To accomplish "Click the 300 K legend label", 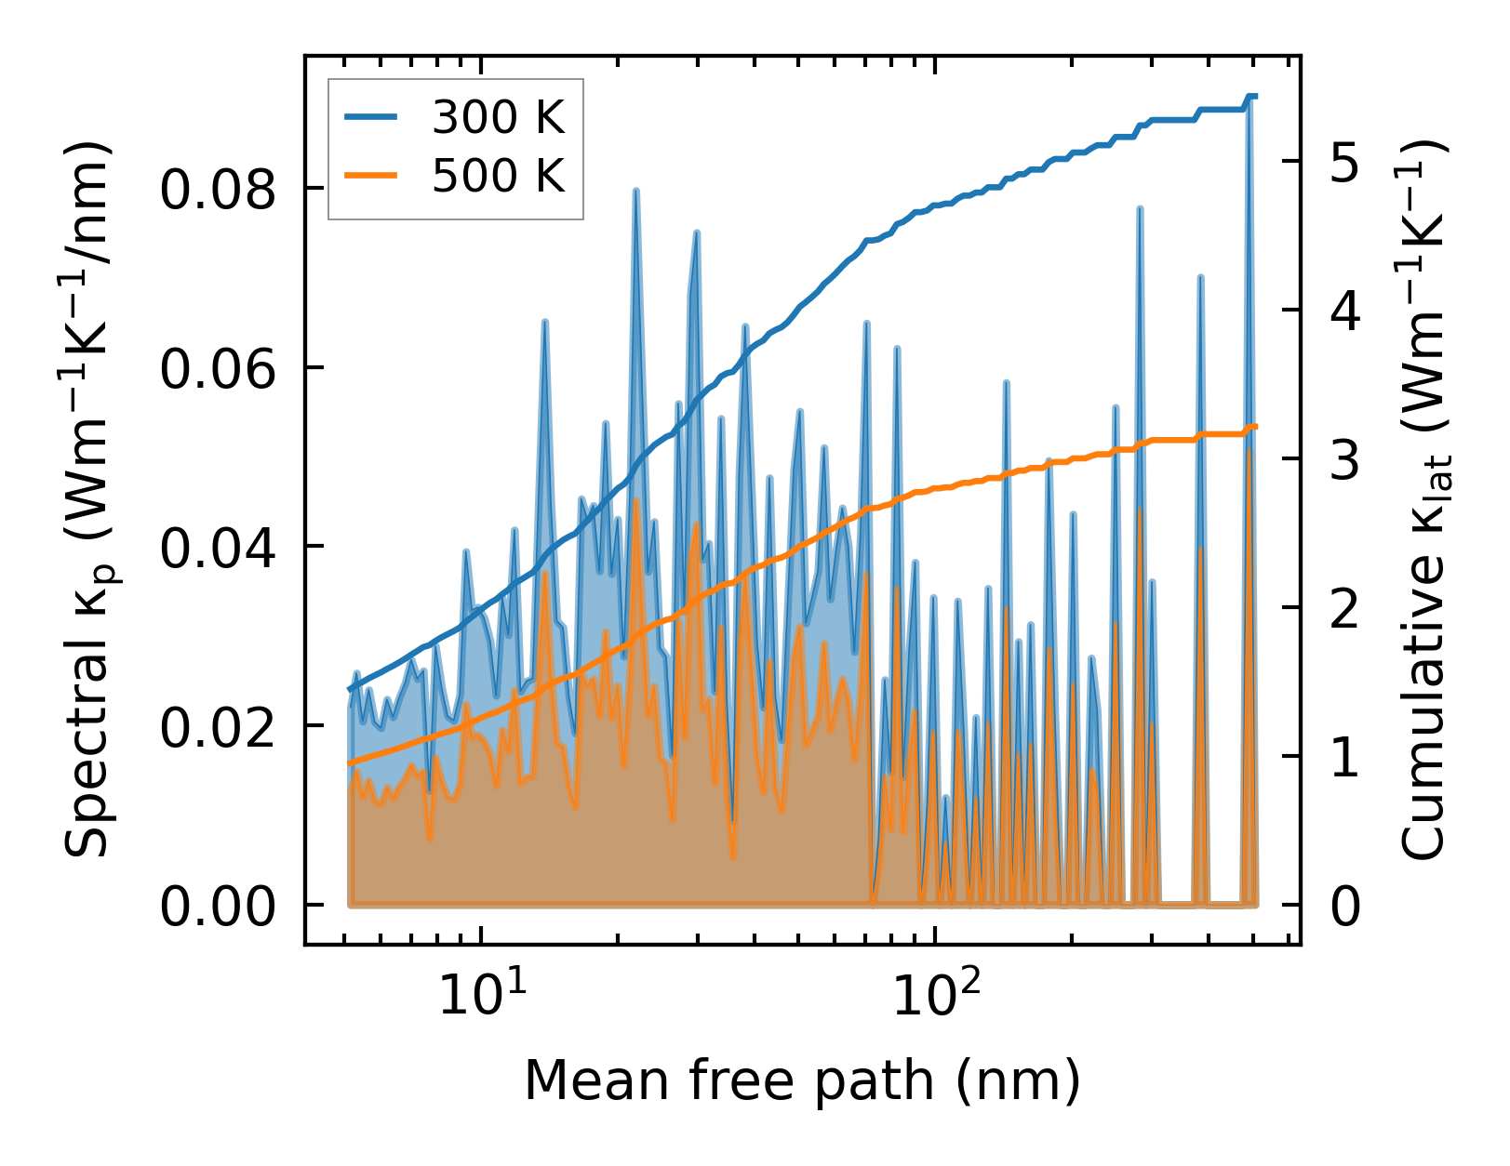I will [498, 117].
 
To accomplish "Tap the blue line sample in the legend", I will [371, 117].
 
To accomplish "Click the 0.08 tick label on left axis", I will [219, 189].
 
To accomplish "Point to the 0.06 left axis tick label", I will [219, 369].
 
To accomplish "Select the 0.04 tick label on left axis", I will [219, 548].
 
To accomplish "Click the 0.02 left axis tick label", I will [219, 727].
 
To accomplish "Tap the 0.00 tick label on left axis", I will [219, 907].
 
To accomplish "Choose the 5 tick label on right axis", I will [1344, 162].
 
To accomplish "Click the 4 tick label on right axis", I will [1344, 311].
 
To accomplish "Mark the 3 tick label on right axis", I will [1344, 459].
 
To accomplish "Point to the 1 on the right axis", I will [1344, 757].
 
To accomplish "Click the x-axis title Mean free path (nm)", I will [802, 1080].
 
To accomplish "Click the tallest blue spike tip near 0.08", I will [635, 191].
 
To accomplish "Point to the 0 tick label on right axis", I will [1344, 907].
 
